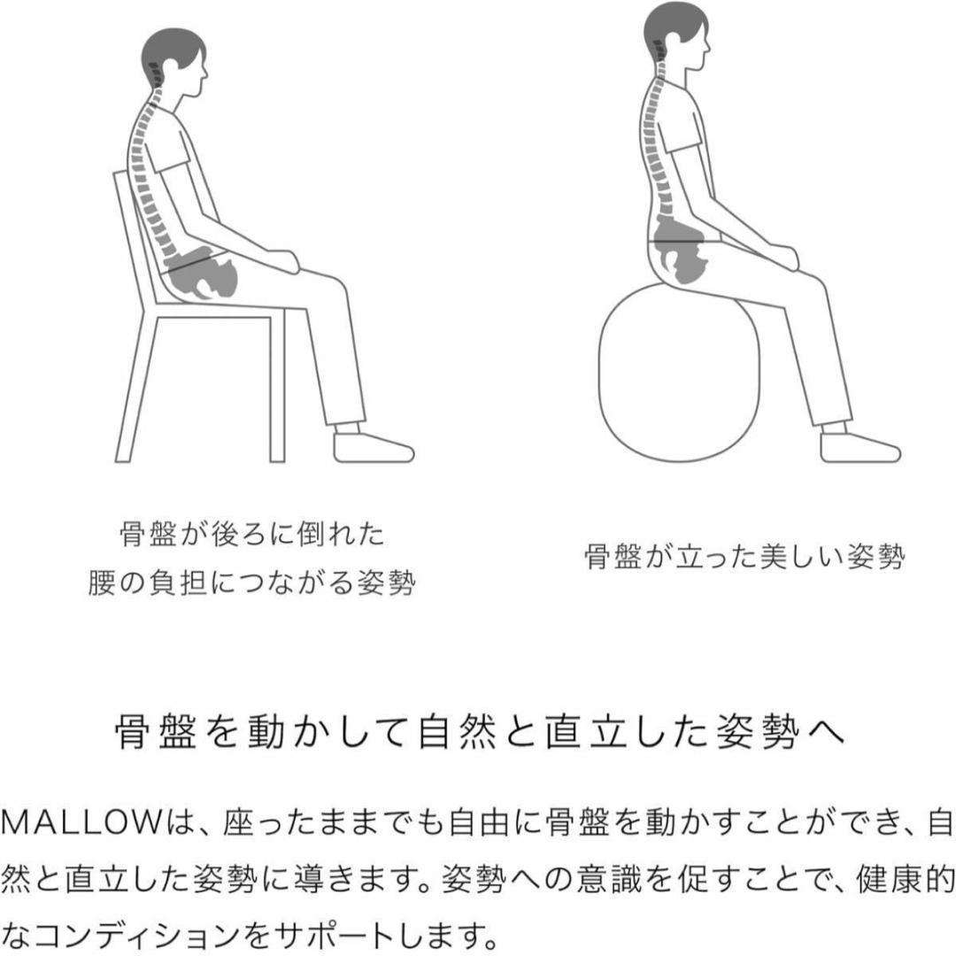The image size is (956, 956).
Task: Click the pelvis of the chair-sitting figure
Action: coord(201,274)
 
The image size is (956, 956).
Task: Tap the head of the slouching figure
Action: coord(174,61)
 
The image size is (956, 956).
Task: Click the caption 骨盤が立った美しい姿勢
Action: coord(744,557)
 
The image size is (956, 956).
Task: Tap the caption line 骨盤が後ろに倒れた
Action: coord(251,534)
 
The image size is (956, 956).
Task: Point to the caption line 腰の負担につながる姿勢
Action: coord(251,582)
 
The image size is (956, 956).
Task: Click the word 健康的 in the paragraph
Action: coord(906,880)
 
